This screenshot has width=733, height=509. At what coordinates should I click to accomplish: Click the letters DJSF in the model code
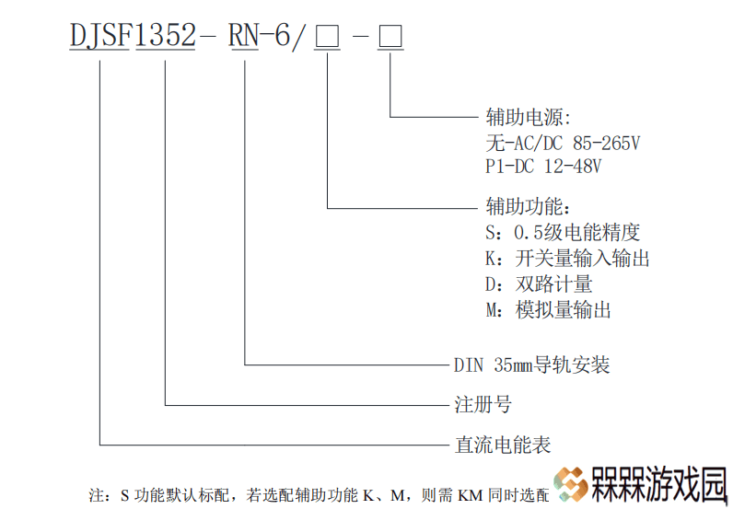(x=99, y=35)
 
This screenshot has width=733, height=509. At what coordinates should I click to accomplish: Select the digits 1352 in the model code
(x=166, y=35)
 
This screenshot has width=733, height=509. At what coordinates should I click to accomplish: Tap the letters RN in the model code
(x=243, y=35)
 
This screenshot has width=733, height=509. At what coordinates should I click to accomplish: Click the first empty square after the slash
(x=327, y=37)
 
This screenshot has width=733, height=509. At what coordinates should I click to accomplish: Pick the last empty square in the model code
(x=390, y=37)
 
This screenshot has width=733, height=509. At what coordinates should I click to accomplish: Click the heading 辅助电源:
(x=529, y=117)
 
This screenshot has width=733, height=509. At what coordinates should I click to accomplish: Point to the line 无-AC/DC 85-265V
(x=563, y=143)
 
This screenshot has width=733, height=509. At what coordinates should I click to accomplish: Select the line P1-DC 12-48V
(x=543, y=167)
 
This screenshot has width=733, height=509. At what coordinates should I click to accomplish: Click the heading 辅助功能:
(x=529, y=206)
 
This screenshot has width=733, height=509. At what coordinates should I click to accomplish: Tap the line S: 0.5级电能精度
(x=563, y=232)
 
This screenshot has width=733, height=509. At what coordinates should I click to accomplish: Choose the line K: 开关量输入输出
(x=567, y=259)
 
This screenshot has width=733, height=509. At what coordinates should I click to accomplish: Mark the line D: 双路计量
(x=539, y=284)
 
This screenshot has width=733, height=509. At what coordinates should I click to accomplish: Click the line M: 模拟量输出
(x=548, y=310)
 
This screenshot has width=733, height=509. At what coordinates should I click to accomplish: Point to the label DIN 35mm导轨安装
(x=532, y=364)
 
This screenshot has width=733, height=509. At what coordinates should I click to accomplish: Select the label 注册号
(x=483, y=404)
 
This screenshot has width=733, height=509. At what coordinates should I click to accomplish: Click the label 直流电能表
(x=503, y=445)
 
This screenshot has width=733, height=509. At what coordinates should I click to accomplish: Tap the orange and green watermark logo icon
(x=570, y=484)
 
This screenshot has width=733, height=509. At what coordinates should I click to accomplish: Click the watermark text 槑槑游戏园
(x=659, y=484)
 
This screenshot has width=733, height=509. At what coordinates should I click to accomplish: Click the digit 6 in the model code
(x=283, y=35)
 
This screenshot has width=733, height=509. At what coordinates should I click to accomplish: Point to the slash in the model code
(x=299, y=37)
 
